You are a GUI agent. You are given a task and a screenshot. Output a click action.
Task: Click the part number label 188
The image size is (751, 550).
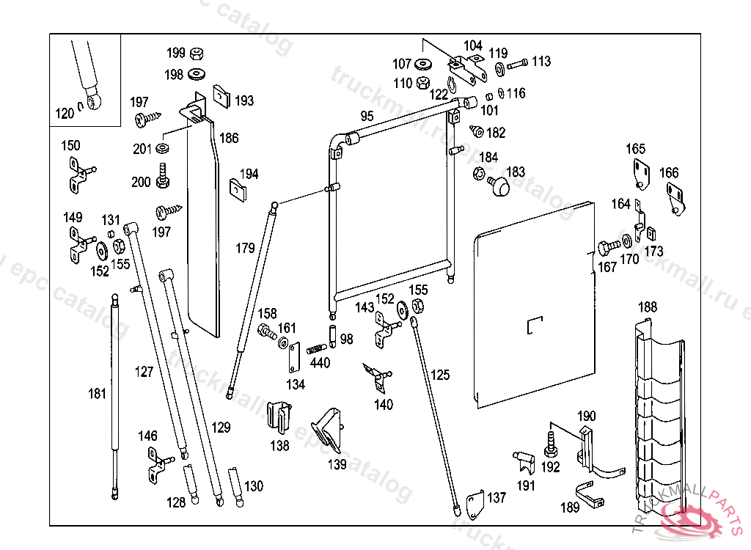pyautogui.click(x=648, y=307)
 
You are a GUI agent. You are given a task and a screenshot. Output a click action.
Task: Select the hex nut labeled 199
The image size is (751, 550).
pyautogui.click(x=196, y=54)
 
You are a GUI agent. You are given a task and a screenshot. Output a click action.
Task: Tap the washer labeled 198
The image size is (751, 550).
pyautogui.click(x=197, y=74)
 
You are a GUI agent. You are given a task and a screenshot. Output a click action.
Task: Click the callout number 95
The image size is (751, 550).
pyautogui.click(x=367, y=116)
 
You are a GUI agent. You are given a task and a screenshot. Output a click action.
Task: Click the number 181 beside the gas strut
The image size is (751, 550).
pyautogui.click(x=97, y=394)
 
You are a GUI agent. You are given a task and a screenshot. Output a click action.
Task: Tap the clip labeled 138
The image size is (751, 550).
pyautogui.click(x=279, y=417)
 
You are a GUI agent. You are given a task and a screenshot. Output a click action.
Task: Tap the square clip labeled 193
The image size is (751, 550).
pyautogui.click(x=222, y=96)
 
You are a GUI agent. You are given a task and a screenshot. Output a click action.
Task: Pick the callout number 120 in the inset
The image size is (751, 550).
pyautogui.click(x=65, y=114)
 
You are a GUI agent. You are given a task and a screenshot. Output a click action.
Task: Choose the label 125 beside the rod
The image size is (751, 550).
pyautogui.click(x=440, y=375)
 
